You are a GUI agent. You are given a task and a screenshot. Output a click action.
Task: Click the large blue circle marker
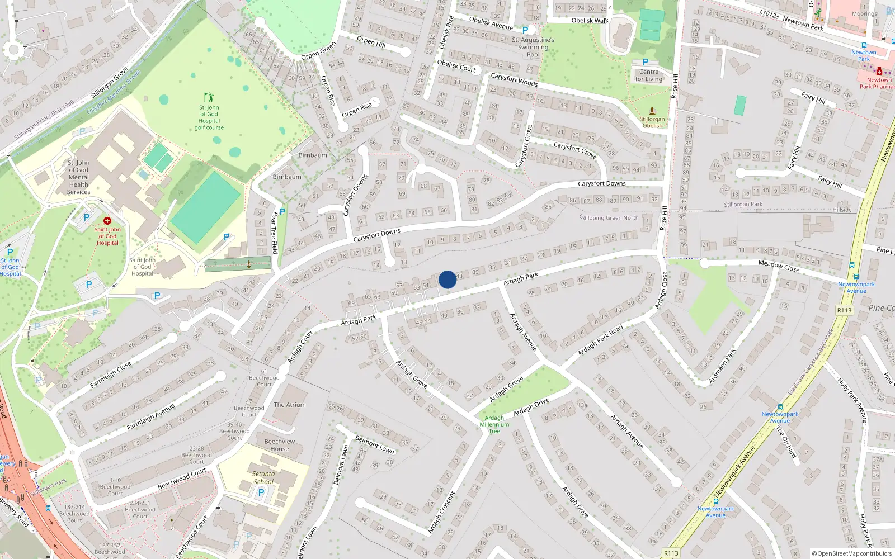tap(447, 279)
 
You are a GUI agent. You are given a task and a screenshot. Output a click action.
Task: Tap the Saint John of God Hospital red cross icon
tap(107, 221)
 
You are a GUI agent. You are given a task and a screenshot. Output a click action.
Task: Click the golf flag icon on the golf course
tap(209, 97)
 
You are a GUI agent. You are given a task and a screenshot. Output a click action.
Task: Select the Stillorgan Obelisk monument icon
tap(652, 111)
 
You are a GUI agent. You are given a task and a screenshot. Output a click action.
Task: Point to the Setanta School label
tap(263, 477)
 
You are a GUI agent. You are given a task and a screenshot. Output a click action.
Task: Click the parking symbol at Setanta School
tap(261, 492)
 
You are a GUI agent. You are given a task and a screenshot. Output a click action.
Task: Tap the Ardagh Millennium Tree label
tap(494, 424)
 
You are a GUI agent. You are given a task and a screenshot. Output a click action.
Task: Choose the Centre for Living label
tap(649, 75)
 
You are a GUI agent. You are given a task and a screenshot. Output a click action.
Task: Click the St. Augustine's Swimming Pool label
tap(533, 47)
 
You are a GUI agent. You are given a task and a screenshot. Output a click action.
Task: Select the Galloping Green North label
tap(609, 217)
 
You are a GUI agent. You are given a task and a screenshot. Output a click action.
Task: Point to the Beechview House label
tap(280, 445)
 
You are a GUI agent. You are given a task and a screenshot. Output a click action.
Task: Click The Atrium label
tap(290, 405)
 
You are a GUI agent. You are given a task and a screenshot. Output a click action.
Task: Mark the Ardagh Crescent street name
tap(442, 512)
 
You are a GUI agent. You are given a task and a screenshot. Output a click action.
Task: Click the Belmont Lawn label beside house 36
tap(375, 444)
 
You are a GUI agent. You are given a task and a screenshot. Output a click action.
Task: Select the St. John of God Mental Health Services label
tap(78, 177)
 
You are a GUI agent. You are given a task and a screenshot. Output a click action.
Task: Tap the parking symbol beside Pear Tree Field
tap(282, 212)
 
